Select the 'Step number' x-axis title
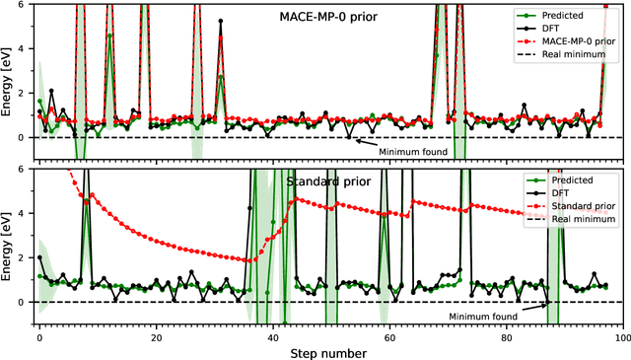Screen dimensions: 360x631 pyautogui.click(x=330, y=352)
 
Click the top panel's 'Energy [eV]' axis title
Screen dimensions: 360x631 pyautogui.click(x=8, y=82)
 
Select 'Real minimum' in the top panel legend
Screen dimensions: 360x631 pyautogui.click(x=566, y=57)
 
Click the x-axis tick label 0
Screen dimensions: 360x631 pyautogui.click(x=39, y=336)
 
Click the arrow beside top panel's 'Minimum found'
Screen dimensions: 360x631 pyautogui.click(x=367, y=143)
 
